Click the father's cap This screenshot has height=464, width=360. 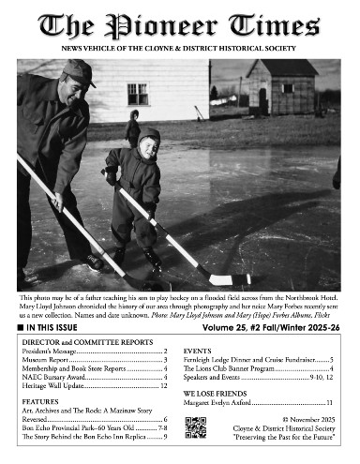tap(79, 71)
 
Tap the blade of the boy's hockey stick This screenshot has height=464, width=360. tap(226, 279)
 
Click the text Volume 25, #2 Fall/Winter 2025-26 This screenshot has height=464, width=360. tap(272, 330)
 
